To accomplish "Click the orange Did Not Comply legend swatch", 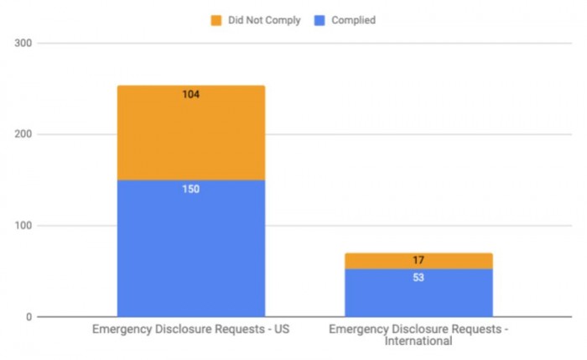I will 216,20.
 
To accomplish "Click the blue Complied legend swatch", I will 319,20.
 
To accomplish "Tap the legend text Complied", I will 353,20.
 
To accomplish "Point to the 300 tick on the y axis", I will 23,43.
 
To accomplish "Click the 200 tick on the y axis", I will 23,134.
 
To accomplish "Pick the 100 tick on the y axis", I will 23,226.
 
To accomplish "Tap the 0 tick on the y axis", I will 29,317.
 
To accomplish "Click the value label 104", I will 191,95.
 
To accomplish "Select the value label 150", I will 191,190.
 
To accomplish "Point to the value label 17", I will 418,261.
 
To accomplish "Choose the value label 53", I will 418,278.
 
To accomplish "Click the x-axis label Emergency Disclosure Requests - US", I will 190,330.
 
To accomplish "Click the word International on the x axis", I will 418,342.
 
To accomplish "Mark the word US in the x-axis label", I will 282,330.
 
